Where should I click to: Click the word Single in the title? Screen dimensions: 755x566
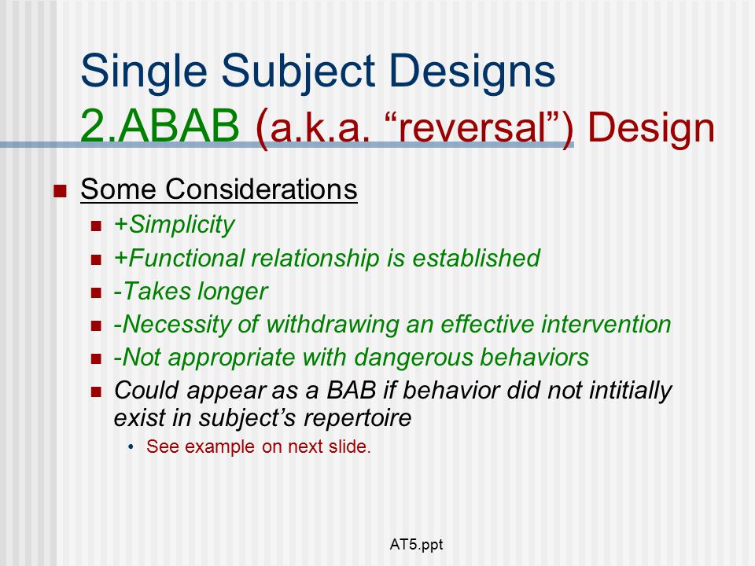click(x=144, y=72)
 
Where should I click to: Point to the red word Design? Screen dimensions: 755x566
click(x=651, y=127)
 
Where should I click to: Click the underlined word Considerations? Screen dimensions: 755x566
click(x=261, y=189)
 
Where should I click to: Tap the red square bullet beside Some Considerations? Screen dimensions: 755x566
click(x=60, y=191)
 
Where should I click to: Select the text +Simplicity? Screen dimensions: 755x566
click(x=174, y=225)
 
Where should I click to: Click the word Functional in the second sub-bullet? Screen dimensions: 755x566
click(x=187, y=258)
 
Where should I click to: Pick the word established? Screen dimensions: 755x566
click(x=477, y=258)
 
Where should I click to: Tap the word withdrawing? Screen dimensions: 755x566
click(x=332, y=324)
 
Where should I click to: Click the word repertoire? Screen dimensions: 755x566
click(x=357, y=417)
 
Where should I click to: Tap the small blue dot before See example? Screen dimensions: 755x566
click(x=131, y=447)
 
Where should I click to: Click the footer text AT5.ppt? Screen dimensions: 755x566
click(x=416, y=545)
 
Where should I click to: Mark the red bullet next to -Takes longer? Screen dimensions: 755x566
click(x=96, y=293)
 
